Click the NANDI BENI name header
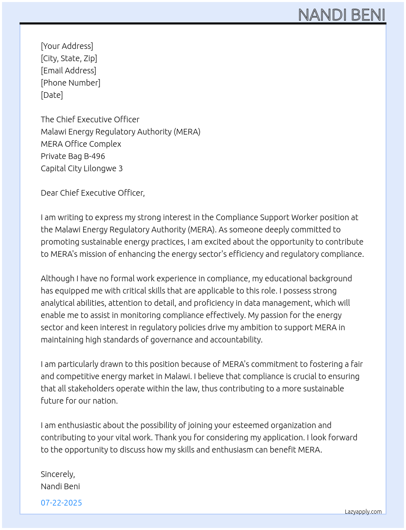(342, 15)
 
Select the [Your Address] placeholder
(67, 46)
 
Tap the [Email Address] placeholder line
(68, 71)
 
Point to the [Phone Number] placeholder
(71, 83)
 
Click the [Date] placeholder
(52, 95)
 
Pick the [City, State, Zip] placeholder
(69, 58)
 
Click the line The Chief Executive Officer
(90, 119)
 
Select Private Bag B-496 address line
(73, 156)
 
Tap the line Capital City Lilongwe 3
(82, 168)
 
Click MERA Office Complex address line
(81, 144)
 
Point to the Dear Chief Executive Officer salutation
(93, 193)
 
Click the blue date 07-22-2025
(61, 503)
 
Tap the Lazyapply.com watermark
(363, 512)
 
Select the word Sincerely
(57, 474)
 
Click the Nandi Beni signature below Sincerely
(60, 486)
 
